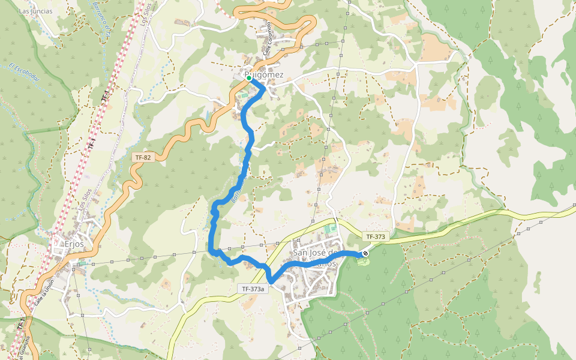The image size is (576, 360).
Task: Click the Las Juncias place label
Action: [35, 11]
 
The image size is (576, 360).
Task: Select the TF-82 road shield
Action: [143, 157]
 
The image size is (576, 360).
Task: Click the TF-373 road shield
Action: [375, 237]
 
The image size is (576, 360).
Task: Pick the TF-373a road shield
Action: [254, 289]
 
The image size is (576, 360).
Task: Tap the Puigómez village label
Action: [264, 75]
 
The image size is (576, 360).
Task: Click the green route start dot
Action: [248, 78]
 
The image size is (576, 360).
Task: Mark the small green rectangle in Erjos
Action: [82, 263]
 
